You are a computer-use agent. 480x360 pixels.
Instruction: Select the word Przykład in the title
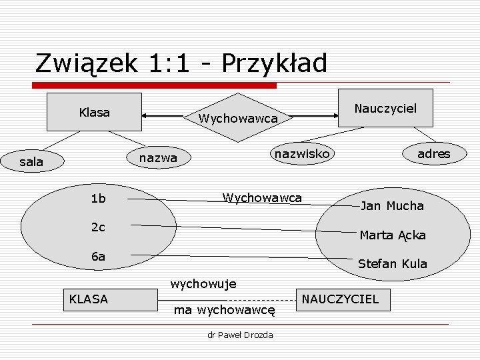[275, 63]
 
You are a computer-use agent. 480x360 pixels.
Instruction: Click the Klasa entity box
[94, 112]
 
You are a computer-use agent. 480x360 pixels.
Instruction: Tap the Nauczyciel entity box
[385, 108]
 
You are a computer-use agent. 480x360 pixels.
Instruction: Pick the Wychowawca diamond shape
[237, 119]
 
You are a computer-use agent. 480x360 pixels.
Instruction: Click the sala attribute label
[31, 161]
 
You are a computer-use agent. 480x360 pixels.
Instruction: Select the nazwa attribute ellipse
[158, 158]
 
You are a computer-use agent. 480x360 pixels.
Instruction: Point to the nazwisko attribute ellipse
[302, 154]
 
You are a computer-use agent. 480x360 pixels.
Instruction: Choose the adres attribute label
[433, 154]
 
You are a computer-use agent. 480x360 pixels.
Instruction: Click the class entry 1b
[98, 199]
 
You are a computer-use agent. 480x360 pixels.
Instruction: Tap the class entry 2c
[98, 227]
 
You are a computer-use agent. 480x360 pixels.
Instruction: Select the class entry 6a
[98, 257]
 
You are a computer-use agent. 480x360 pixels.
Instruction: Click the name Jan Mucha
[392, 206]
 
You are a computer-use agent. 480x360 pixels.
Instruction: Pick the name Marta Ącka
[392, 235]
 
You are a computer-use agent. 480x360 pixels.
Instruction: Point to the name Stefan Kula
[392, 264]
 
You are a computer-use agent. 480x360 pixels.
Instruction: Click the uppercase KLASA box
[89, 299]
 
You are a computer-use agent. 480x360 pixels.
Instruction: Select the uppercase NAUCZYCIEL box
[341, 299]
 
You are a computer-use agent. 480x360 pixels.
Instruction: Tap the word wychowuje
[203, 285]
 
